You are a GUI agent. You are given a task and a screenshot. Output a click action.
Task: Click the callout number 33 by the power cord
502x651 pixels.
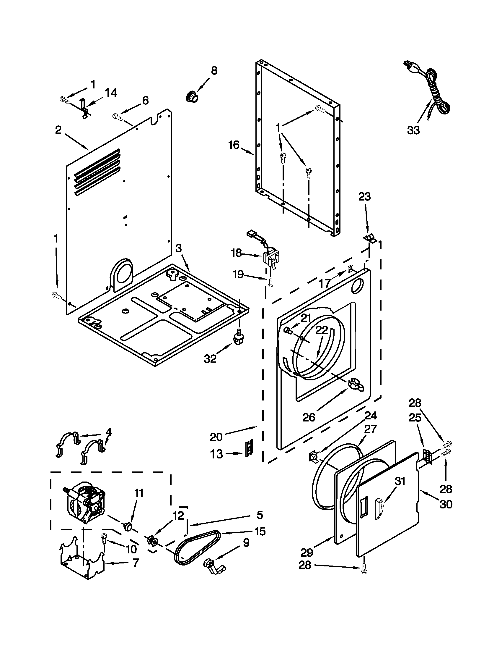point(414,130)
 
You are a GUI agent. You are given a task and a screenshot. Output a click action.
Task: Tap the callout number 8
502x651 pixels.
point(214,71)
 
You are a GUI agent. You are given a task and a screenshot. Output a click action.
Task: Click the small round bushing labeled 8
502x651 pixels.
point(192,97)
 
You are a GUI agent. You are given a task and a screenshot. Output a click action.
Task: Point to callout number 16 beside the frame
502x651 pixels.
point(234,145)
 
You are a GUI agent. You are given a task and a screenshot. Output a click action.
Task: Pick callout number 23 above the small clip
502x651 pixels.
point(364,197)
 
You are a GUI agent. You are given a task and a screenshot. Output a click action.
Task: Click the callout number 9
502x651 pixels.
point(246,543)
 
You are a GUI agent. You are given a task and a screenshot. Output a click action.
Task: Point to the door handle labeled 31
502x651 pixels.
point(379,509)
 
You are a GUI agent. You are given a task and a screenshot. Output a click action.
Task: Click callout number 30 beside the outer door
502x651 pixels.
point(446,504)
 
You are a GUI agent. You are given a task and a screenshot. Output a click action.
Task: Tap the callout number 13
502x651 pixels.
point(216,454)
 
